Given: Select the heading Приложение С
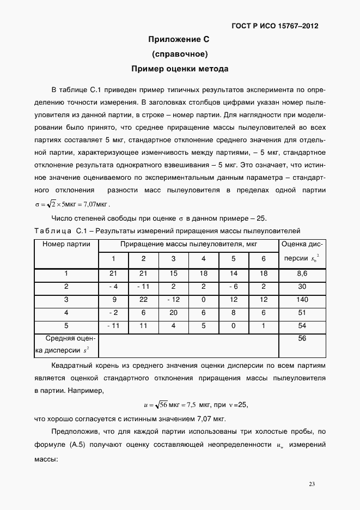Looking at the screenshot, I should coord(179,40).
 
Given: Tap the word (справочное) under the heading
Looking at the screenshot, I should coord(179,54).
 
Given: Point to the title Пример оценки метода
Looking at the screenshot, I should coord(179,69).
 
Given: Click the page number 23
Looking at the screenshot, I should coord(312,484).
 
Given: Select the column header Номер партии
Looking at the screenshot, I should coord(66,245).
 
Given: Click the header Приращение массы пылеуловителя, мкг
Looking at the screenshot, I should coord(188,245).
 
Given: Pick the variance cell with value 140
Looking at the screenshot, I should coord(302,300).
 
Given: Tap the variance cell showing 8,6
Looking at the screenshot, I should coord(302,274).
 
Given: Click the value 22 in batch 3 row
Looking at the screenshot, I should coord(144,300).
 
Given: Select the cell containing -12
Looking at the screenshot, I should coord(173,300).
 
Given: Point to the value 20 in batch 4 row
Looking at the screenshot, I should coord(173,313).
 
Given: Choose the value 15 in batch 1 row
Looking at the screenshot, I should coord(173,274).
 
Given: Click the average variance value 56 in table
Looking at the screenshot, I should coord(302,338).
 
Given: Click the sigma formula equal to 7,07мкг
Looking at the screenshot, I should coord(71,204).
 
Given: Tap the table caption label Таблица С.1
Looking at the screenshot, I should coord(57,230).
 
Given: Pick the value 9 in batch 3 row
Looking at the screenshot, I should coord(114,300).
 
